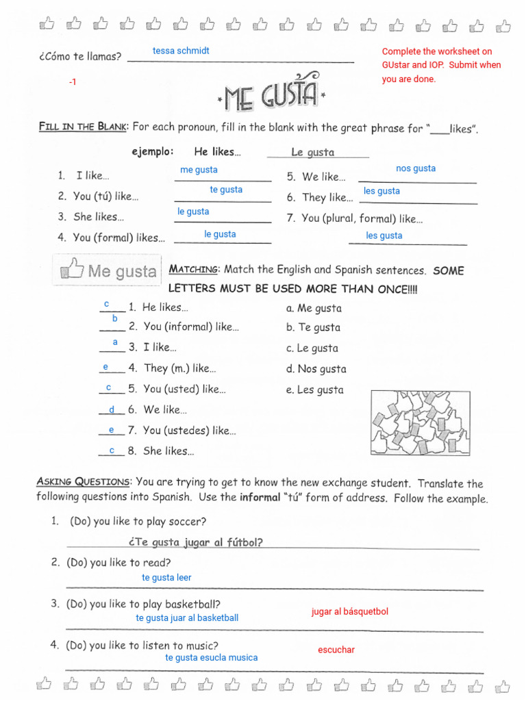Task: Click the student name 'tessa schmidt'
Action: pos(181,51)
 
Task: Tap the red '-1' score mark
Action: pos(73,82)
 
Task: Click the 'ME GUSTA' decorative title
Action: pos(271,94)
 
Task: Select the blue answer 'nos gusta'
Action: pos(415,168)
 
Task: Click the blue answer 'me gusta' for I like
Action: pos(199,170)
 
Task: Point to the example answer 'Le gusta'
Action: pos(312,152)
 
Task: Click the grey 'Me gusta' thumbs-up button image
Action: pos(106,271)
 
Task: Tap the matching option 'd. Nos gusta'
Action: pos(316,369)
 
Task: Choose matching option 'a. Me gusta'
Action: pos(314,308)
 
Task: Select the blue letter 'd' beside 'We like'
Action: pos(112,409)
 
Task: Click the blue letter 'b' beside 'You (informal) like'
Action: pos(114,319)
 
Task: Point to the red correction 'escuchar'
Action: pos(336,650)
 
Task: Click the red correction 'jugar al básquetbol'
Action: pos(349,611)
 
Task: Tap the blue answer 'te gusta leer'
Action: pos(166,578)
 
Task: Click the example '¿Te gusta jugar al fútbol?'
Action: pos(195,542)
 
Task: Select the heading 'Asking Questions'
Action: pos(82,482)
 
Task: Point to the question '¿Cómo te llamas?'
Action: pos(80,56)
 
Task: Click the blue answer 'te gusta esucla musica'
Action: pos(211,658)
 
